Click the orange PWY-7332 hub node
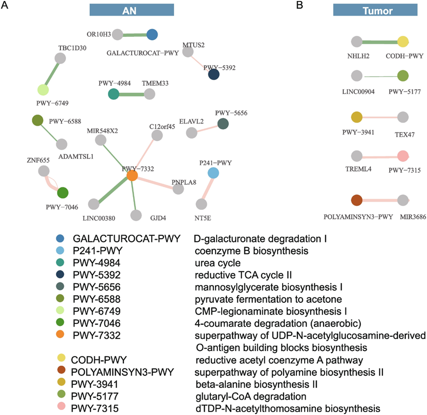click(132, 176)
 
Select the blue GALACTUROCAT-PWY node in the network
click(152, 34)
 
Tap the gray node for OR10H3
click(117, 34)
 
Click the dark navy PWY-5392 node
click(214, 74)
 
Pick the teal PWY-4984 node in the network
click(113, 95)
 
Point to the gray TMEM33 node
click(148, 95)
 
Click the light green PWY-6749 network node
click(43, 90)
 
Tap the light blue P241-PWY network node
click(213, 173)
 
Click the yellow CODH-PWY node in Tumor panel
click(403, 42)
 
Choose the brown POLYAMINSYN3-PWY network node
click(357, 201)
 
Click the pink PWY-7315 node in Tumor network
click(403, 156)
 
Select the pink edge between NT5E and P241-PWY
click(207, 188)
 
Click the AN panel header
click(132, 10)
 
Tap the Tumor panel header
click(374, 10)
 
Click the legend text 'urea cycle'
click(217, 263)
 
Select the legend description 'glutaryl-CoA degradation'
click(250, 396)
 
